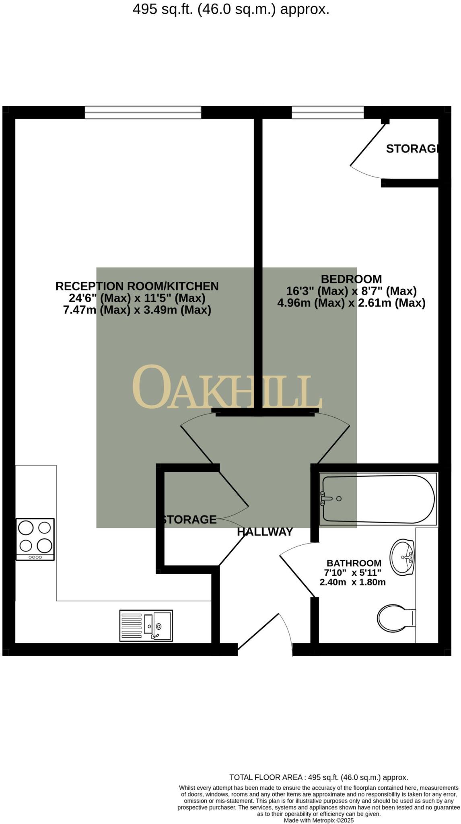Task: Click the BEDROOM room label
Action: coord(351,279)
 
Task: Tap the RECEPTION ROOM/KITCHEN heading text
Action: coord(137,286)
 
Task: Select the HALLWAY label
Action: coord(265,532)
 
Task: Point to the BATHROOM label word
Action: coord(354,563)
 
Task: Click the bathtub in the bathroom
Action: coord(378,499)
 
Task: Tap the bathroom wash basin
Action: coord(402,557)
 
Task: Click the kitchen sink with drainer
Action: coord(146,626)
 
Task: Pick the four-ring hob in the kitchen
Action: coord(35,539)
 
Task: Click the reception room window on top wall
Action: coord(143,112)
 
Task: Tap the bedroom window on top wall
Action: coord(327,112)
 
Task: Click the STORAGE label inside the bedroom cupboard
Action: coord(412,149)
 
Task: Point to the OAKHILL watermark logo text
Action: coord(227,388)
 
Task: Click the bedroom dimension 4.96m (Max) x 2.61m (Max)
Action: coord(351,303)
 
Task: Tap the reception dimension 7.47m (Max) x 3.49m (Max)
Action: coord(137,310)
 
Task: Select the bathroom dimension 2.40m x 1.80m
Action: coord(352,582)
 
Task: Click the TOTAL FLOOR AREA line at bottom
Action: coord(319,777)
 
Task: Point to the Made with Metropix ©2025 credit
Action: coord(319,820)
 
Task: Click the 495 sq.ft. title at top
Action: coord(231,9)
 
